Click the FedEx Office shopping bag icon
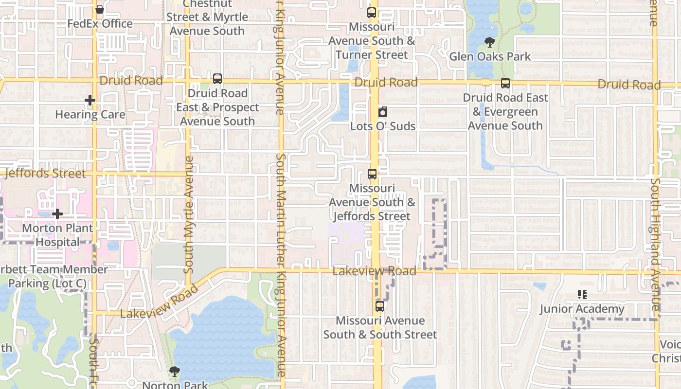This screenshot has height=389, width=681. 100,9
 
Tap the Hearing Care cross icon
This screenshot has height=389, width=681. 90,101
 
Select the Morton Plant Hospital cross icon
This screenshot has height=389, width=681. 57,214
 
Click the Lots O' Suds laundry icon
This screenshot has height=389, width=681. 383,112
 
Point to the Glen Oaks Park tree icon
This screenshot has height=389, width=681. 490,42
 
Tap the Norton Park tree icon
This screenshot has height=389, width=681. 174,372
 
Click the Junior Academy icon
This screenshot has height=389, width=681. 582,295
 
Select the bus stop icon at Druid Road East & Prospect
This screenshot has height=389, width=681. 217,79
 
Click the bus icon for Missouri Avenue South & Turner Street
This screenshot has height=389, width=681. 372,13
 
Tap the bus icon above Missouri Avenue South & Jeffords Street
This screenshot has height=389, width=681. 372,174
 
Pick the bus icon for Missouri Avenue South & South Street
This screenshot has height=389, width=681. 380,307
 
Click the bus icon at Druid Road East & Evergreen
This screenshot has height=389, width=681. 505,83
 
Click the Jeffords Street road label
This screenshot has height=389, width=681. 45,173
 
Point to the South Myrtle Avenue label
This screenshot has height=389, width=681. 189,214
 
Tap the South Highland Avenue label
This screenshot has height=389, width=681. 655,243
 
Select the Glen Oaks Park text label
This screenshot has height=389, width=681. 490,56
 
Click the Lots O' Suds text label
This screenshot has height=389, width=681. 383,126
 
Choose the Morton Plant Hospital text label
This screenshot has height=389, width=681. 57,235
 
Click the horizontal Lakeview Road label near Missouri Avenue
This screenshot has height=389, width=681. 374,271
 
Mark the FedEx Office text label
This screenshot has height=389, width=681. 100,23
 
